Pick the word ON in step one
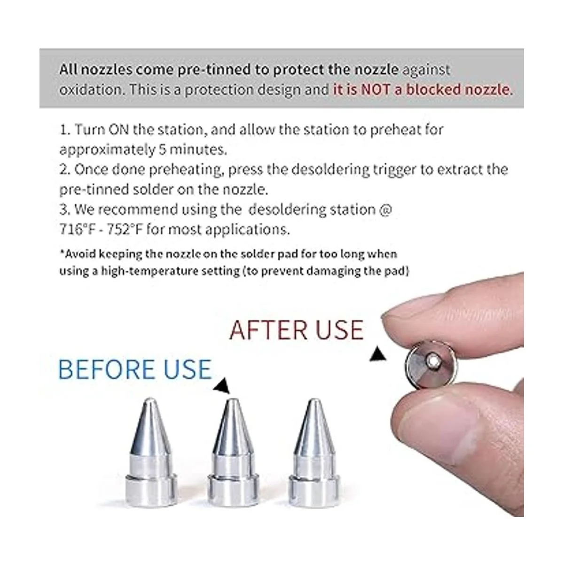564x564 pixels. [118, 129]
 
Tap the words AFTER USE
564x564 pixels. [297, 330]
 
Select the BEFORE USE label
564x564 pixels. [135, 369]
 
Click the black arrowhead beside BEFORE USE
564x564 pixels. [223, 386]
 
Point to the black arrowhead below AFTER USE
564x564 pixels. [378, 354]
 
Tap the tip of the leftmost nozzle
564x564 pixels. [150, 400]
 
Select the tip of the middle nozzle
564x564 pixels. [232, 401]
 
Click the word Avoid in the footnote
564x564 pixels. [78, 254]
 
